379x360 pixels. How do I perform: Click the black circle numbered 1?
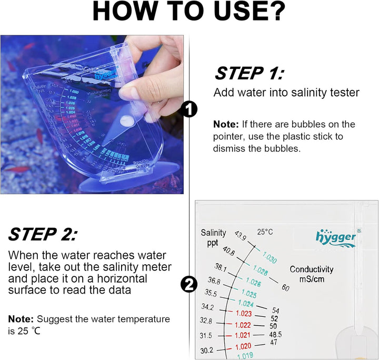tap(189, 109)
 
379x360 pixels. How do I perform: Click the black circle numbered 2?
tap(189, 285)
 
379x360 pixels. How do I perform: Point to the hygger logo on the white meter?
tap(336, 238)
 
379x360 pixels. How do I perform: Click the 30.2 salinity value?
tap(206, 350)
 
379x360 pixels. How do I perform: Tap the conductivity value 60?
tap(286, 288)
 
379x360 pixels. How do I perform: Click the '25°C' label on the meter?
tap(265, 232)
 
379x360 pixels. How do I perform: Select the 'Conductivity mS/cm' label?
tap(312, 274)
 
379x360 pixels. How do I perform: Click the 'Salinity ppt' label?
tap(213, 237)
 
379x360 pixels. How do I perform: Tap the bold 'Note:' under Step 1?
tap(226, 125)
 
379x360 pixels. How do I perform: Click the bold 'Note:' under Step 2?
tap(21, 319)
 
